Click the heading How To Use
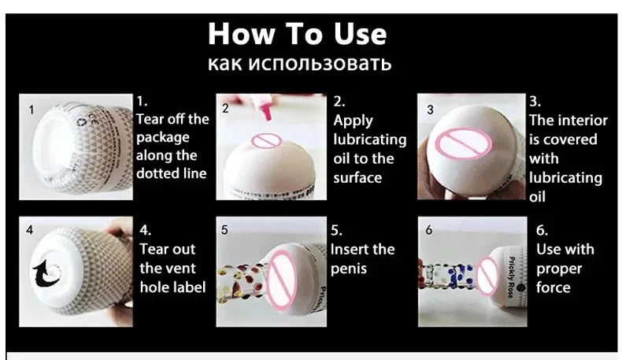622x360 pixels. pyautogui.click(x=298, y=34)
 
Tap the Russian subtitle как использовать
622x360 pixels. pyautogui.click(x=299, y=64)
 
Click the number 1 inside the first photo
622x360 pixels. pyautogui.click(x=31, y=110)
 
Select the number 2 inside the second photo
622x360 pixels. pyautogui.click(x=225, y=109)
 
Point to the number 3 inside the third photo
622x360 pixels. pyautogui.click(x=430, y=110)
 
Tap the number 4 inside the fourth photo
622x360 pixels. pyautogui.click(x=30, y=231)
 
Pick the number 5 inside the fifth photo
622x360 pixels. pyautogui.click(x=224, y=231)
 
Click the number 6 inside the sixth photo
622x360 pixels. pyautogui.click(x=429, y=231)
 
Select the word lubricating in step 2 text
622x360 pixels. pyautogui.click(x=369, y=139)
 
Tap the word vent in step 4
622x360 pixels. pyautogui.click(x=183, y=269)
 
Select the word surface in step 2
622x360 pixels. pyautogui.click(x=357, y=177)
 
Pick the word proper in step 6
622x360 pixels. pyautogui.click(x=561, y=269)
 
